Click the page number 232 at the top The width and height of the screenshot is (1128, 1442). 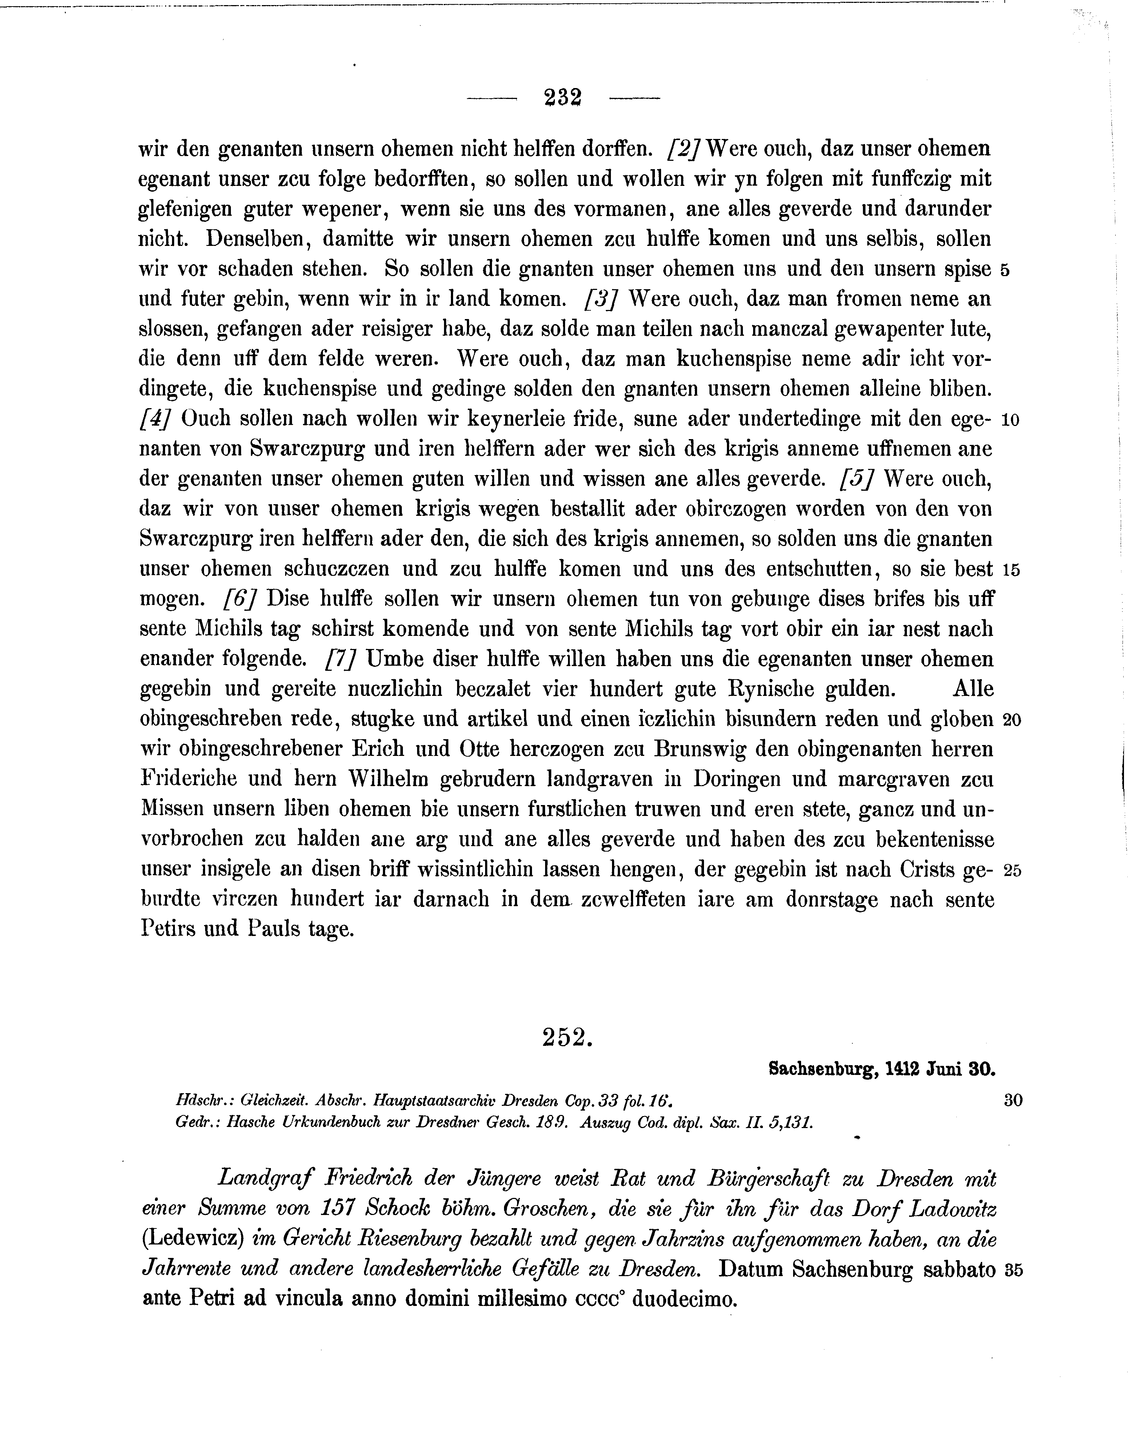[563, 98]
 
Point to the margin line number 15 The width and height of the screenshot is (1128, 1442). [1012, 569]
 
